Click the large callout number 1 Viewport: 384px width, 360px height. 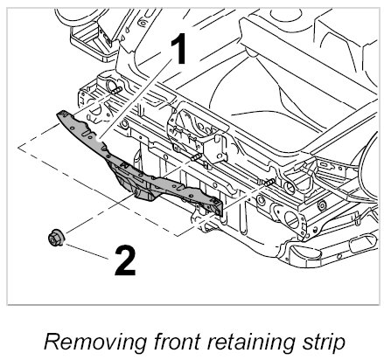coord(178,48)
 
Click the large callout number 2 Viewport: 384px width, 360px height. coord(125,260)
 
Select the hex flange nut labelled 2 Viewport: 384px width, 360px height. coord(55,238)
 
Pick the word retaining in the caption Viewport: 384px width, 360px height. coord(251,342)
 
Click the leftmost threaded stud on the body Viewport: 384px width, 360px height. coord(115,90)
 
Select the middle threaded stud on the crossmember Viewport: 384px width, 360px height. coord(195,157)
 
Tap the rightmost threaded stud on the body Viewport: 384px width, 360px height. coord(268,183)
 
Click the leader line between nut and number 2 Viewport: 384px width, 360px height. coord(87,252)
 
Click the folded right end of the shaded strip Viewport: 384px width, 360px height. coord(218,207)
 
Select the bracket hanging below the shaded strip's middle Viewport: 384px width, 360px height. coord(133,183)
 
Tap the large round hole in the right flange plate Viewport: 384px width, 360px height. coord(291,220)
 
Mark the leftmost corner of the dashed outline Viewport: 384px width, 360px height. coord(18,147)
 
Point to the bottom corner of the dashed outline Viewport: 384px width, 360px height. coord(176,235)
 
